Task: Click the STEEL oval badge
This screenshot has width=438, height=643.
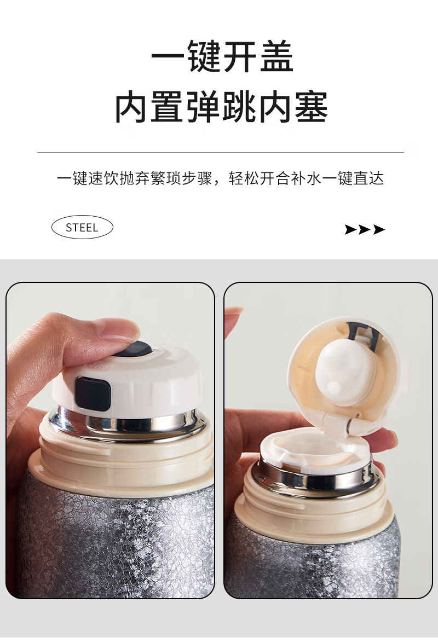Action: [x=82, y=227]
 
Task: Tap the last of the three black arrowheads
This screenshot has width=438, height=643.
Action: [x=379, y=229]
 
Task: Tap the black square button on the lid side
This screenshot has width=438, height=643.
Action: [x=93, y=393]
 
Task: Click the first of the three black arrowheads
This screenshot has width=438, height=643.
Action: [x=351, y=229]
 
